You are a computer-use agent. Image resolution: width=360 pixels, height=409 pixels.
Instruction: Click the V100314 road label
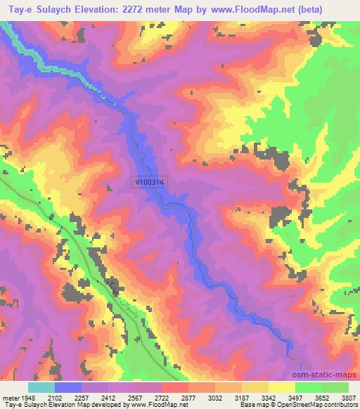(x=153, y=181)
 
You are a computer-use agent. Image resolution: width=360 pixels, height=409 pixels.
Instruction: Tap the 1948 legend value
(x=28, y=397)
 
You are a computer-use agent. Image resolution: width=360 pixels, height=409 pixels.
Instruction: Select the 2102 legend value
(x=55, y=397)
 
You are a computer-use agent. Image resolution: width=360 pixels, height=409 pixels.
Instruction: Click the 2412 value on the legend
(x=108, y=397)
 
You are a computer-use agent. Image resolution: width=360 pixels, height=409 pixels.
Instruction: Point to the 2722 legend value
(x=161, y=397)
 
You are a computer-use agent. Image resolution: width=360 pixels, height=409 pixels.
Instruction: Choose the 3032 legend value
(x=214, y=397)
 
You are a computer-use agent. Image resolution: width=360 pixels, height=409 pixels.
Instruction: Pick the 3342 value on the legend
(x=268, y=397)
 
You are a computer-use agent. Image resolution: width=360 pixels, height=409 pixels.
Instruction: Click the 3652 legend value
(x=321, y=397)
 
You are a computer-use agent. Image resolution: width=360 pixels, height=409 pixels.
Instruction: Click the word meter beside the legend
(x=11, y=397)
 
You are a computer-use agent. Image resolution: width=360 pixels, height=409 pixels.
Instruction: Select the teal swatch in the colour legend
(x=41, y=387)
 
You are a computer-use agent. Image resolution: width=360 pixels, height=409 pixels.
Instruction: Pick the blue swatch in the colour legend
(x=68, y=387)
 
